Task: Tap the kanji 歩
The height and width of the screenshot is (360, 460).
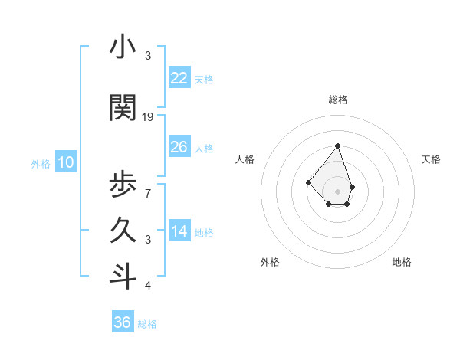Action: click(123, 185)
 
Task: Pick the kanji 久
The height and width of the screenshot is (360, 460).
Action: click(123, 231)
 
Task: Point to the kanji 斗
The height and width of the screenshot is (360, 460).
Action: click(123, 277)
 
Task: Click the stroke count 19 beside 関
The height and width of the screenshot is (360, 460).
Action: click(148, 117)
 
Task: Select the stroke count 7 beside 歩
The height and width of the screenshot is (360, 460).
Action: click(147, 193)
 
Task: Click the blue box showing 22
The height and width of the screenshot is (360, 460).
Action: click(179, 77)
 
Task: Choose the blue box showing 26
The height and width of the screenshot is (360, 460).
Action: click(179, 146)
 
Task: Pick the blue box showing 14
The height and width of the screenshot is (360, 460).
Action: click(179, 231)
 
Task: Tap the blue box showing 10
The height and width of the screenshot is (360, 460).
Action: click(65, 162)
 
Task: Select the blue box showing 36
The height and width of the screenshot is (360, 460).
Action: click(123, 322)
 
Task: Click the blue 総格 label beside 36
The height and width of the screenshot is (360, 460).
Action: click(147, 324)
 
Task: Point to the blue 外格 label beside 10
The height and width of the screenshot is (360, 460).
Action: click(41, 163)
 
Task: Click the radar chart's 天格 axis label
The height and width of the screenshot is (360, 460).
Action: click(431, 159)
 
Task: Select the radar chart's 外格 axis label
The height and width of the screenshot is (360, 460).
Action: click(270, 262)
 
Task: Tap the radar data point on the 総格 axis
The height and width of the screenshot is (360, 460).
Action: click(337, 146)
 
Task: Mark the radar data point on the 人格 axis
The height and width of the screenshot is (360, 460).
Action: click(308, 182)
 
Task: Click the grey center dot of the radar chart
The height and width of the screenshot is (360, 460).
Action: click(337, 191)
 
